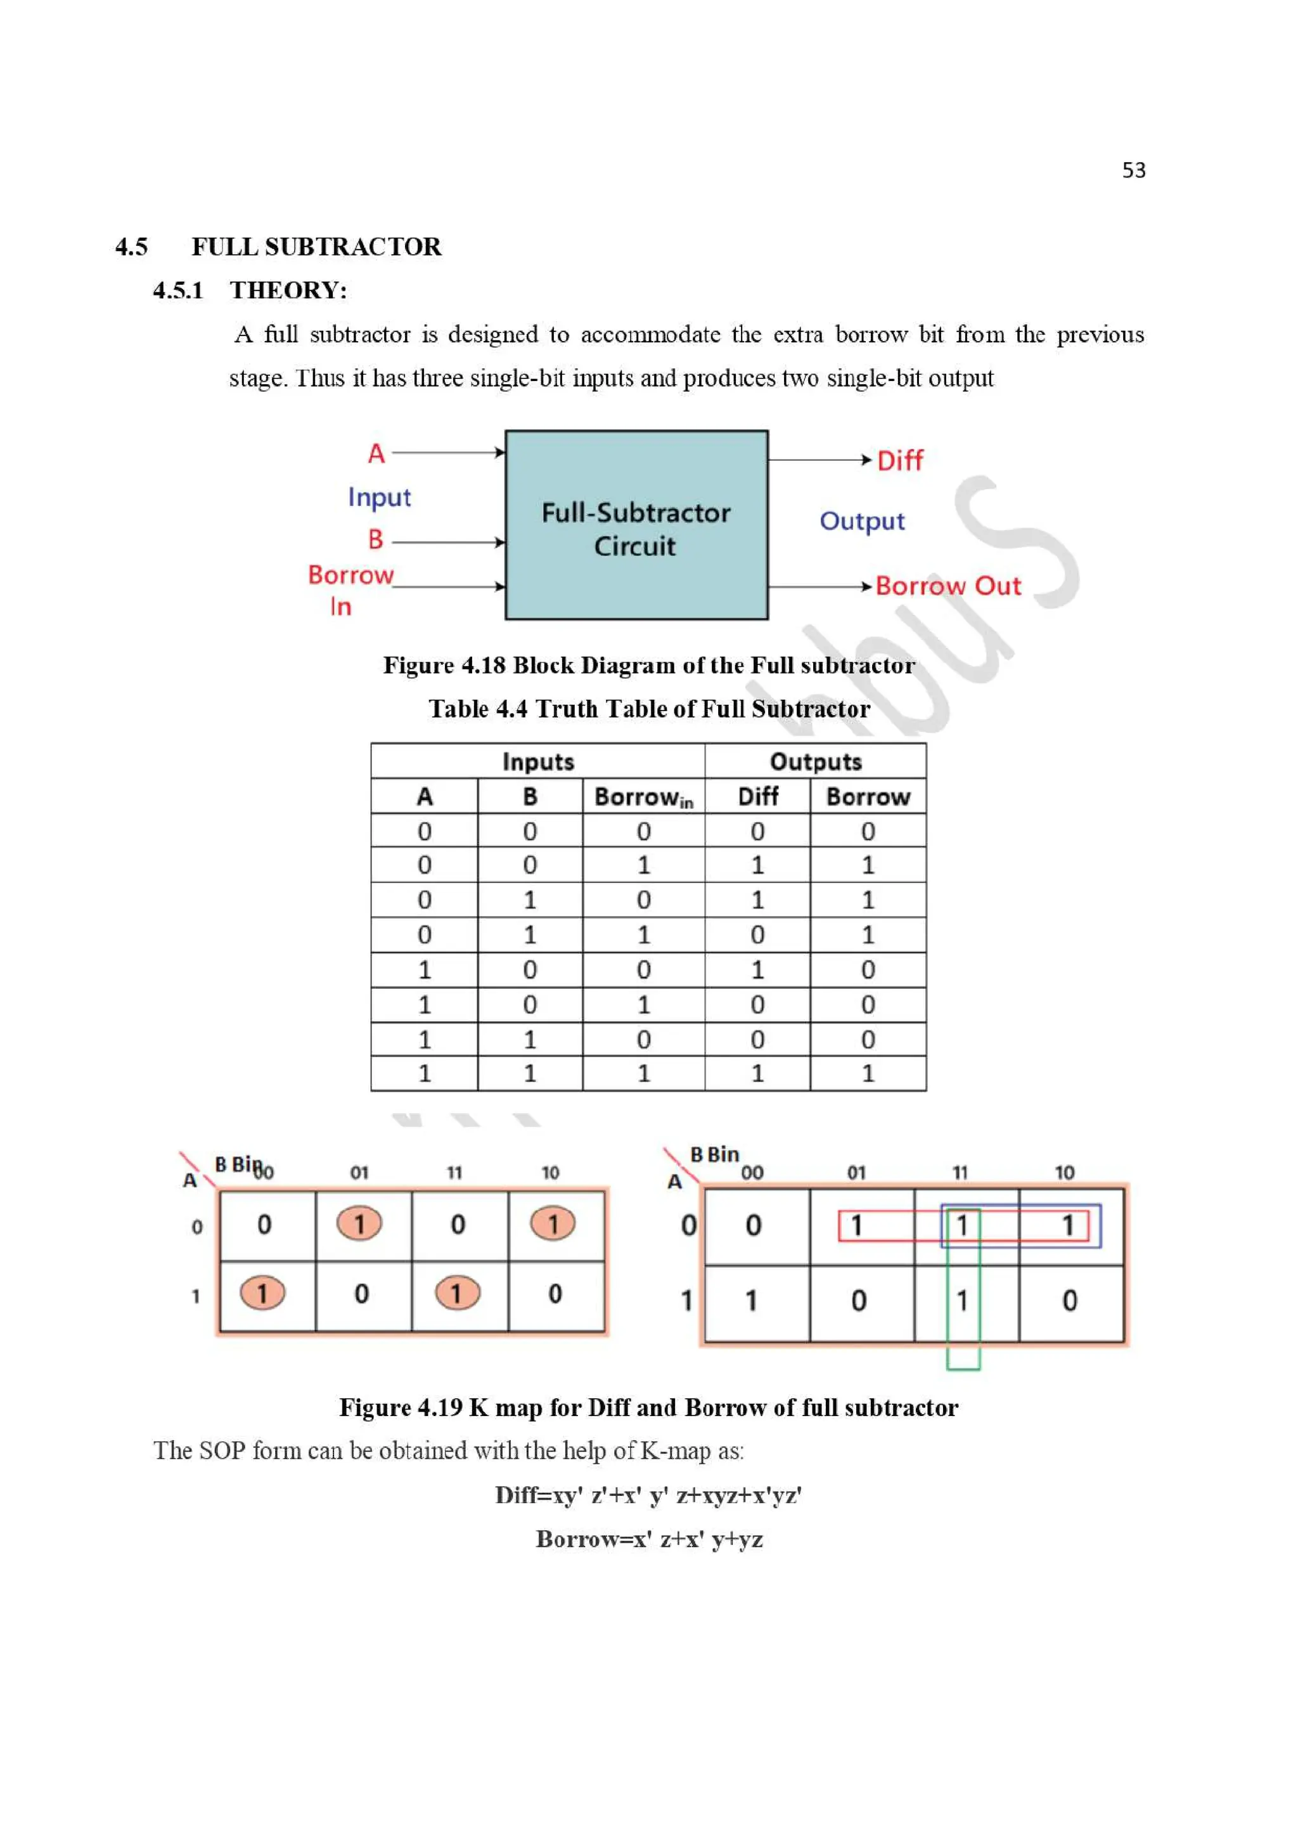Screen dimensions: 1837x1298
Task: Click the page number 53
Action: [x=1133, y=171]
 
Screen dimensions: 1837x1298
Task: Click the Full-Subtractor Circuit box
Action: [x=636, y=525]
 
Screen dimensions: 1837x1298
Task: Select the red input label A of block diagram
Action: [x=376, y=454]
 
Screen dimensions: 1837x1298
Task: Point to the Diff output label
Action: [x=900, y=461]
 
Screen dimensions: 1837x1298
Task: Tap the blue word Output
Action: [x=861, y=521]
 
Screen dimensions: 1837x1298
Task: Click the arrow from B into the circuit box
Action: [x=448, y=542]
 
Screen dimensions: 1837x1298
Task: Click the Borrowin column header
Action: [x=643, y=797]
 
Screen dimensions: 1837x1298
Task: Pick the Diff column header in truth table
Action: [x=757, y=796]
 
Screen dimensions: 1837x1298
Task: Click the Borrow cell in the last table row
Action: [x=868, y=1073]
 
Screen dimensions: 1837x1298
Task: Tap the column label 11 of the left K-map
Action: [x=454, y=1173]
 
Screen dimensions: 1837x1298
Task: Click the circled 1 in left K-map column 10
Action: [x=553, y=1223]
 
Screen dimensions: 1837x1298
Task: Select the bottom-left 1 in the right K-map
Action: [x=751, y=1300]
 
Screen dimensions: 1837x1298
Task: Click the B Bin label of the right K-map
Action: [x=714, y=1154]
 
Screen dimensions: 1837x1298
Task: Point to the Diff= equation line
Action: [x=648, y=1495]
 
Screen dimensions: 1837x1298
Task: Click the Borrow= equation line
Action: [x=648, y=1538]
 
